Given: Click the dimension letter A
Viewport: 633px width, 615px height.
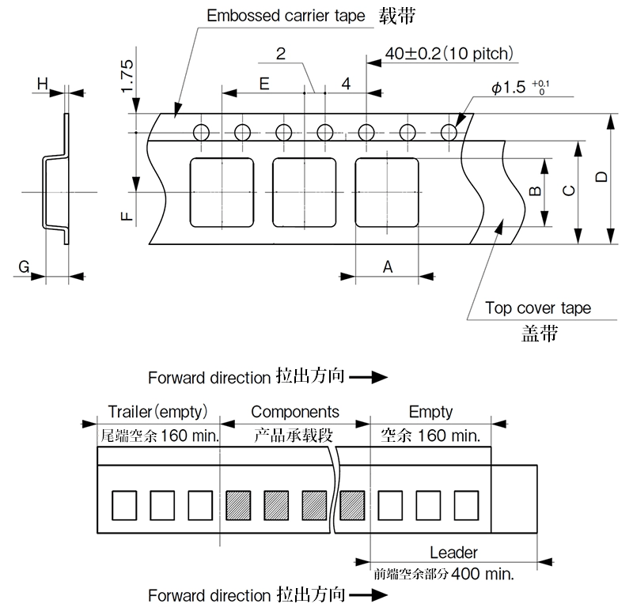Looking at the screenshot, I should pyautogui.click(x=388, y=267).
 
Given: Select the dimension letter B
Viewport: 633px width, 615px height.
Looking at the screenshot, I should pyautogui.click(x=535, y=191).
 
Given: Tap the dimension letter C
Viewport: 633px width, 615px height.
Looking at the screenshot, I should pyautogui.click(x=568, y=191).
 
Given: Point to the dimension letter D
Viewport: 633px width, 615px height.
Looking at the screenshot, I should pyautogui.click(x=601, y=179).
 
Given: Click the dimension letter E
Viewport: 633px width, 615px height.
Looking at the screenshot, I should pyautogui.click(x=264, y=83).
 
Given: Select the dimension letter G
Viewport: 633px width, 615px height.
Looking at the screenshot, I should pyautogui.click(x=25, y=269).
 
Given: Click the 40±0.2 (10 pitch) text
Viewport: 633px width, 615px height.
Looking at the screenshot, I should pyautogui.click(x=449, y=54).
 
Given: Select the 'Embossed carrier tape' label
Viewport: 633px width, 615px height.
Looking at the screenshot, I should pyautogui.click(x=286, y=16).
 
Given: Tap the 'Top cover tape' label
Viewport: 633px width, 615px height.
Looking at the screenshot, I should pyautogui.click(x=537, y=308).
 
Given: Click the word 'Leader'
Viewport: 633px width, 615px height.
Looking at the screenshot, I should pyautogui.click(x=453, y=553).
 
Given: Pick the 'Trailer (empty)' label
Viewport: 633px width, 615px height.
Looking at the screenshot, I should pyautogui.click(x=157, y=412).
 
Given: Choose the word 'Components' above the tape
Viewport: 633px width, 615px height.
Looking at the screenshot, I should pyautogui.click(x=295, y=412).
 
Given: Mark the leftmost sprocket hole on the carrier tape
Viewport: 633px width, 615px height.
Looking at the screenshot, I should pyautogui.click(x=201, y=131).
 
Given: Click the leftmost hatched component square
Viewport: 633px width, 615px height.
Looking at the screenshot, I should pyautogui.click(x=238, y=505).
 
